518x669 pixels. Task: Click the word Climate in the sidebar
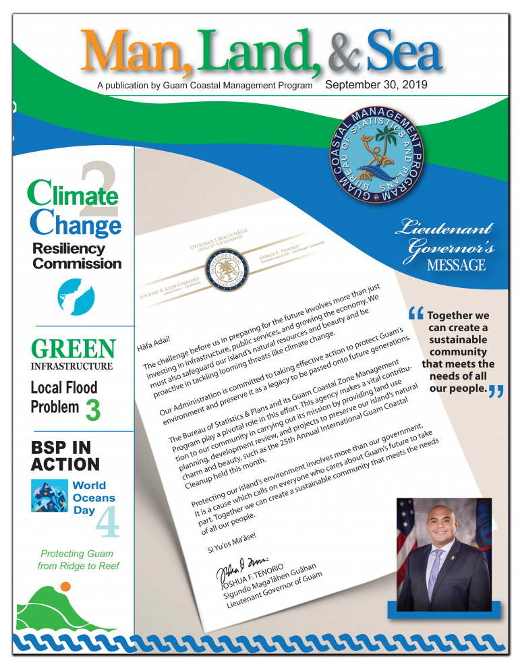click(x=73, y=196)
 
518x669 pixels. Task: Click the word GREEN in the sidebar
click(x=73, y=349)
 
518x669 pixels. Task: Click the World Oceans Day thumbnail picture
click(x=50, y=496)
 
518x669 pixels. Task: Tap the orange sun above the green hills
click(x=65, y=587)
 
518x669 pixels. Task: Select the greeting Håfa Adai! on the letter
click(x=152, y=334)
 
